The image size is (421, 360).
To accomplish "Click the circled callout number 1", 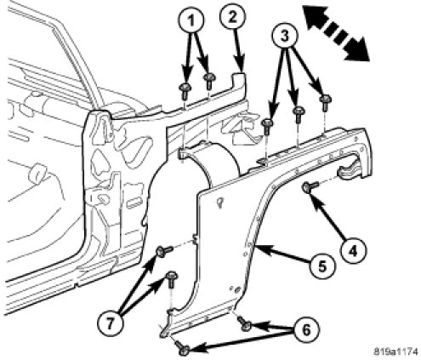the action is [x=191, y=20].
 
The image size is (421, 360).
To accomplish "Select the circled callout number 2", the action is [x=232, y=17].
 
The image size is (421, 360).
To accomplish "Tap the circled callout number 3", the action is [x=284, y=36].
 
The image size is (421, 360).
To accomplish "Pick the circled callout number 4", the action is [x=353, y=250].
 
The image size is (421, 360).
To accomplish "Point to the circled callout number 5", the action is [x=321, y=266].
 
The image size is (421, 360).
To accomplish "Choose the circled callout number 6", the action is [x=306, y=329].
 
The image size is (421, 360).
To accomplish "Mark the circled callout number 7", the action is [x=110, y=323].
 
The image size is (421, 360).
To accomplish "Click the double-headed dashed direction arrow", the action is [x=336, y=34].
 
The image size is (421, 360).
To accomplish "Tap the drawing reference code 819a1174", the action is [x=395, y=351].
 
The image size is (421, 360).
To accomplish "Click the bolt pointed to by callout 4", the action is [x=310, y=186].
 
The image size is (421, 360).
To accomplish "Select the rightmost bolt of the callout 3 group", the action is [x=325, y=102].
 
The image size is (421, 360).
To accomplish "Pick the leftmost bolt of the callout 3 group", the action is [x=267, y=126].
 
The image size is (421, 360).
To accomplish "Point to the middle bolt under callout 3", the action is [x=299, y=114].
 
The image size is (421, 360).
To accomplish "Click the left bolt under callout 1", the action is [x=185, y=90].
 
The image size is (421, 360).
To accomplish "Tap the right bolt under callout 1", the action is [x=209, y=81].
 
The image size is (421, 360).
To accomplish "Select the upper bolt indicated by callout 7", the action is [x=164, y=251].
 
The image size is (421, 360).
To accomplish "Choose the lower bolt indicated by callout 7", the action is [x=172, y=279].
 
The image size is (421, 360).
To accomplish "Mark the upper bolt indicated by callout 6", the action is [x=244, y=323].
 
